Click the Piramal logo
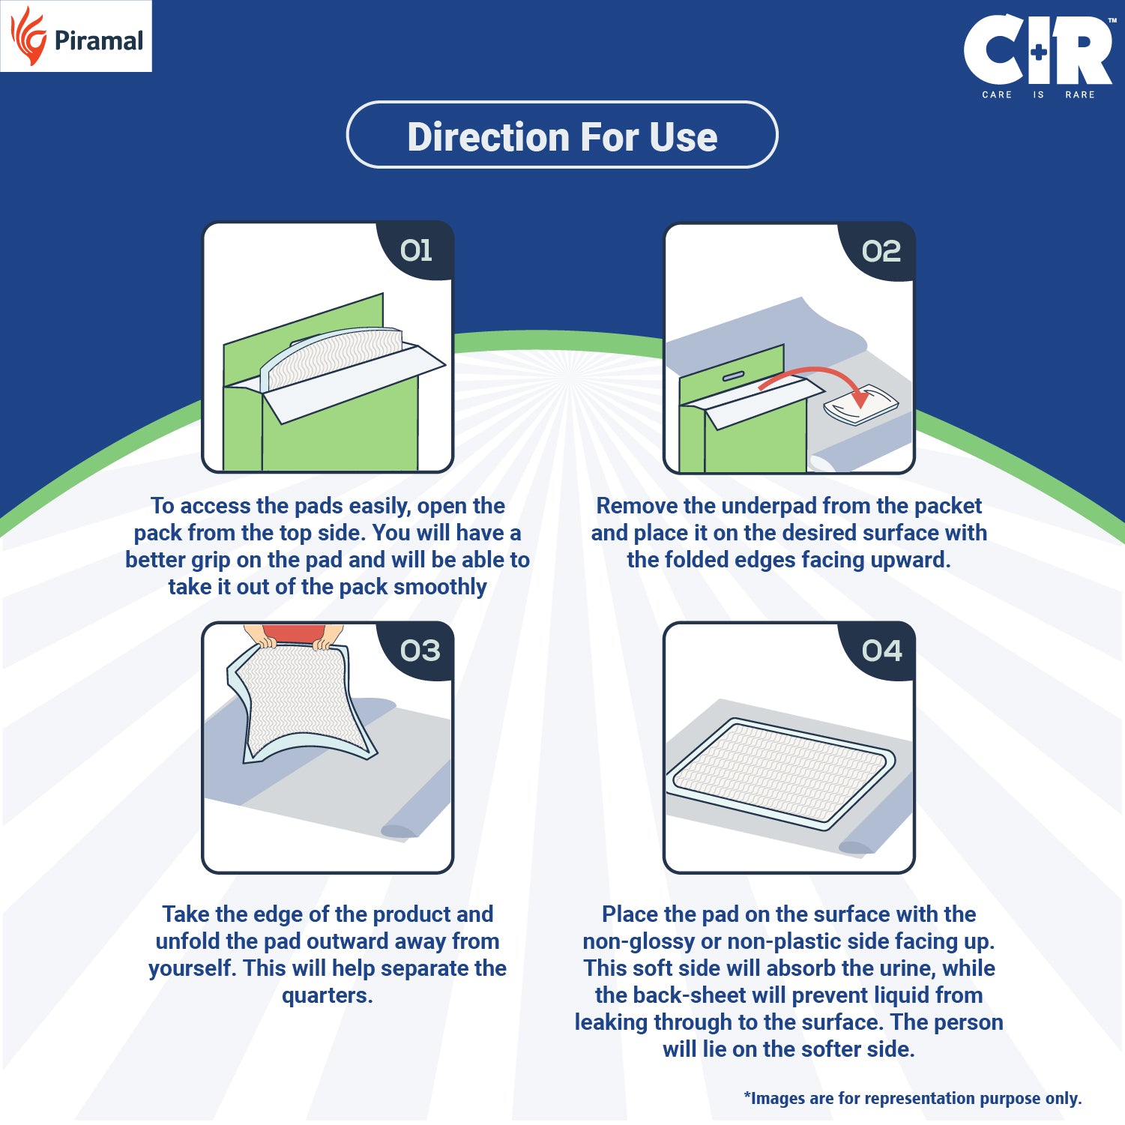(76, 37)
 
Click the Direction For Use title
(562, 136)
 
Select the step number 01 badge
(417, 250)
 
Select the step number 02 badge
(881, 251)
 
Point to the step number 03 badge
(420, 651)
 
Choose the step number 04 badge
(881, 651)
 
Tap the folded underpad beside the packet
(860, 405)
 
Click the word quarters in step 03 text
(327, 995)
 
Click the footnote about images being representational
(912, 1098)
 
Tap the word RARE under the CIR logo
(1079, 95)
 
